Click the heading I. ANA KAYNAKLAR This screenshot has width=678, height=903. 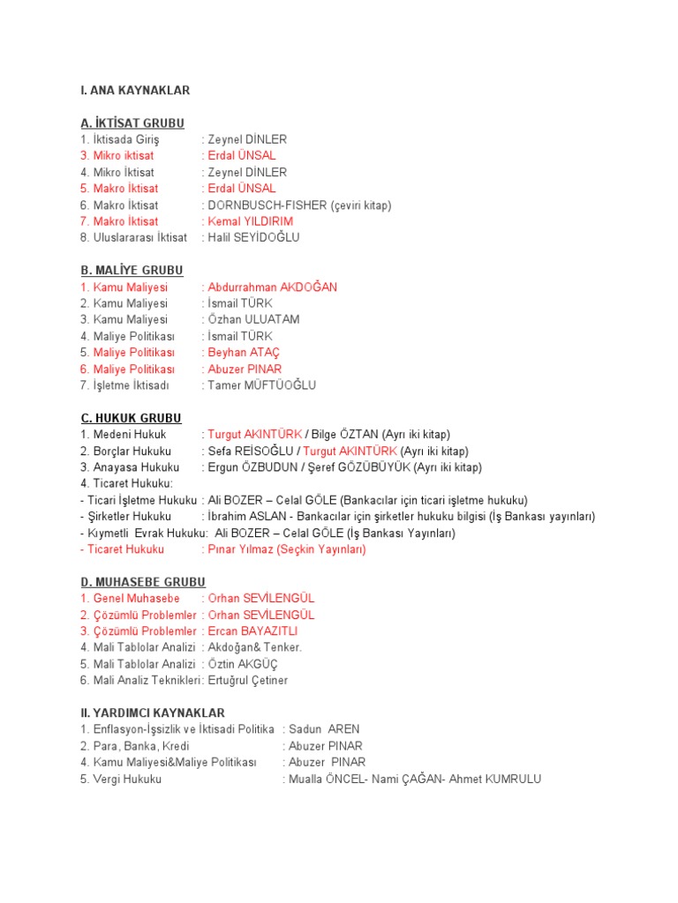tap(135, 90)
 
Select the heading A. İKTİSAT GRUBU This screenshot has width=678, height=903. tap(132, 123)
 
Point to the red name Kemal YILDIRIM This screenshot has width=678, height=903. tap(251, 221)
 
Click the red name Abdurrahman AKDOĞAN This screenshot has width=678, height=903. tap(272, 287)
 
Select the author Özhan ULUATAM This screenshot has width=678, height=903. tap(253, 320)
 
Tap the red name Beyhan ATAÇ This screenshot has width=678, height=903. tap(245, 353)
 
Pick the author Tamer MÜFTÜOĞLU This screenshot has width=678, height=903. tap(261, 385)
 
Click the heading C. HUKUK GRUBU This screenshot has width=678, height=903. tap(131, 418)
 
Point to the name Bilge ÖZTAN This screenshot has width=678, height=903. tap(345, 435)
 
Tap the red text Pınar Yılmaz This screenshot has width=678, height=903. tap(241, 549)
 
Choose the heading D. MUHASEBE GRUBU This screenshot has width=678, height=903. tap(143, 582)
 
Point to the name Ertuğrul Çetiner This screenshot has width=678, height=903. tap(248, 681)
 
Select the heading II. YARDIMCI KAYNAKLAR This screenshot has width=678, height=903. tap(153, 713)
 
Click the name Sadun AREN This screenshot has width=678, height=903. tap(324, 729)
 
